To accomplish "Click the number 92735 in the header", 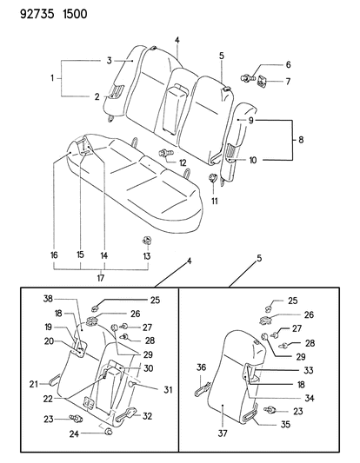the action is (x=37, y=14).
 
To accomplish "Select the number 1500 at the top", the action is (x=75, y=14).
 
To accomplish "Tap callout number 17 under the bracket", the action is (x=101, y=278).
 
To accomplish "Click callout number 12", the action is (x=183, y=162).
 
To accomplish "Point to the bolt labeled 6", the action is (x=247, y=78).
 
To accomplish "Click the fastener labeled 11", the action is (x=212, y=178).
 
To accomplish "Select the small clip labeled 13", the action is (x=147, y=240).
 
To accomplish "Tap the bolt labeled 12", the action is (x=166, y=153).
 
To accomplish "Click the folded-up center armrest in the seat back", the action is (x=175, y=108).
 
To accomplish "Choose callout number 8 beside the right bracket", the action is (x=301, y=139).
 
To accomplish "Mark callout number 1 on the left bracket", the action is (x=52, y=78).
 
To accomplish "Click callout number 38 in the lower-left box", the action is (x=48, y=299).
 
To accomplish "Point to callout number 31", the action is (x=168, y=390).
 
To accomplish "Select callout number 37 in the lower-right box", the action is (x=223, y=433).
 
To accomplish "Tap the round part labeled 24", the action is (x=109, y=432).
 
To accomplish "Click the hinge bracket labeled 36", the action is (x=203, y=388).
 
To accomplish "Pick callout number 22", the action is (x=48, y=399).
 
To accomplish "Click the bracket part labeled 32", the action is (x=125, y=413).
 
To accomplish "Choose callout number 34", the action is (x=310, y=399).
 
